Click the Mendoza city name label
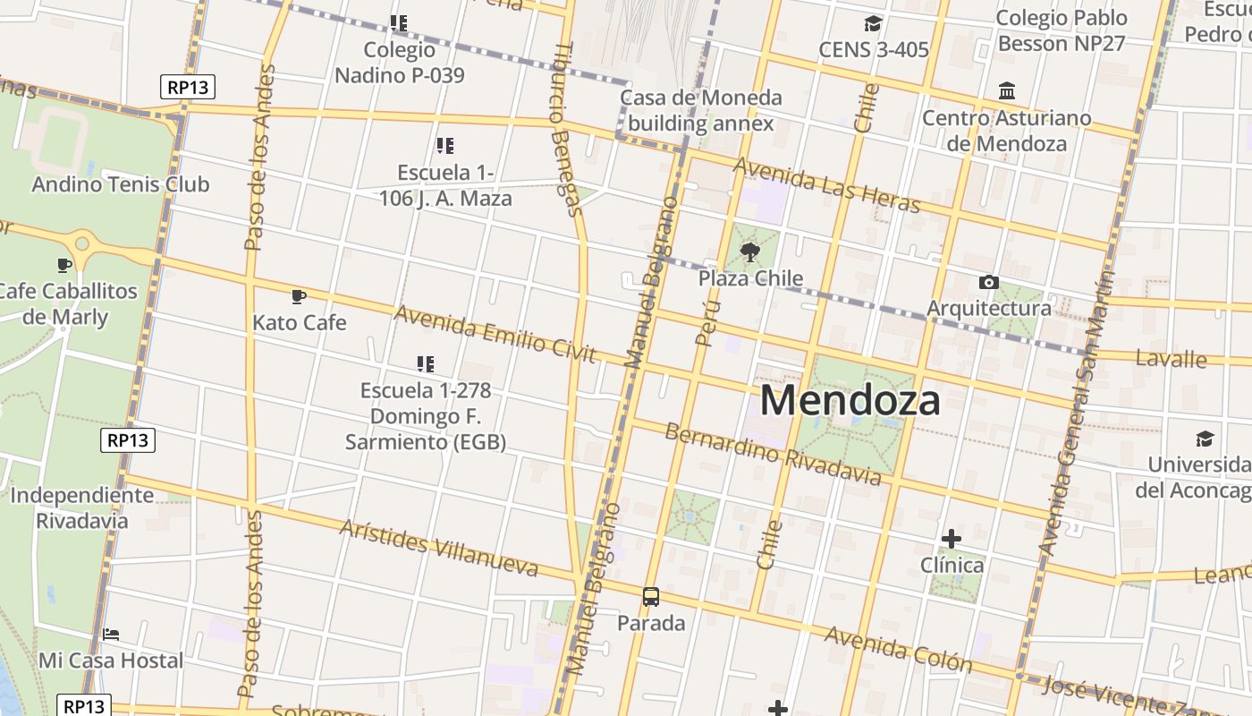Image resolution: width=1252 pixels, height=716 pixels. (850, 400)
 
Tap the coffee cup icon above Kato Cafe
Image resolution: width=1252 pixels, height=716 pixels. (299, 296)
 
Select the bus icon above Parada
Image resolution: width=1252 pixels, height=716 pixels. (651, 596)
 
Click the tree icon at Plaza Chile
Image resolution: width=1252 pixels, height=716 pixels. (750, 252)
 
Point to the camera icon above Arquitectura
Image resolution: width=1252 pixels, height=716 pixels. (988, 283)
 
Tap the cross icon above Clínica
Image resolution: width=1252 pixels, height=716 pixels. (952, 539)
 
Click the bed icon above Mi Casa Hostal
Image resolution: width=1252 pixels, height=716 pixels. (111, 634)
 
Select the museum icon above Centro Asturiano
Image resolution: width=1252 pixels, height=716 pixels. (1007, 91)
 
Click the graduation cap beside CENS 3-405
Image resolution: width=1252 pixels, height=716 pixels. (873, 24)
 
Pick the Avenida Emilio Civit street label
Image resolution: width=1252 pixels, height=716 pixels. (495, 334)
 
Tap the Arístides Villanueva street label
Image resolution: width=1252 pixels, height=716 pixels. (439, 547)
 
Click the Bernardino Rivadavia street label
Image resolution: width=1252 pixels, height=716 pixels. (773, 454)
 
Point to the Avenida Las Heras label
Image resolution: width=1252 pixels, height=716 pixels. (826, 185)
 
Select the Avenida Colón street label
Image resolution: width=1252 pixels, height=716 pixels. (898, 649)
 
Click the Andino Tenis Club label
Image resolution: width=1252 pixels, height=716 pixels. (120, 184)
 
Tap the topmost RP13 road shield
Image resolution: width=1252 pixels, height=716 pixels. (188, 87)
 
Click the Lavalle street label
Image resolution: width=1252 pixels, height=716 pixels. (1171, 359)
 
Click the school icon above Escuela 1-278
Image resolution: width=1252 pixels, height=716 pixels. (426, 363)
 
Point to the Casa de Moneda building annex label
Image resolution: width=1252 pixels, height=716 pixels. (700, 110)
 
